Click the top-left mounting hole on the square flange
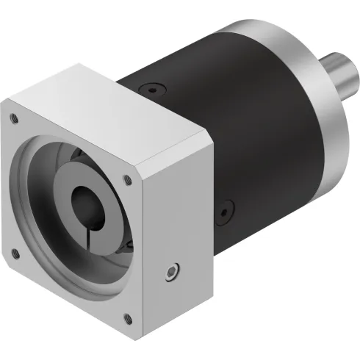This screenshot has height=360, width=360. pos(12,116)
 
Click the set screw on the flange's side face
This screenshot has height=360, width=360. pos(172,273)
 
